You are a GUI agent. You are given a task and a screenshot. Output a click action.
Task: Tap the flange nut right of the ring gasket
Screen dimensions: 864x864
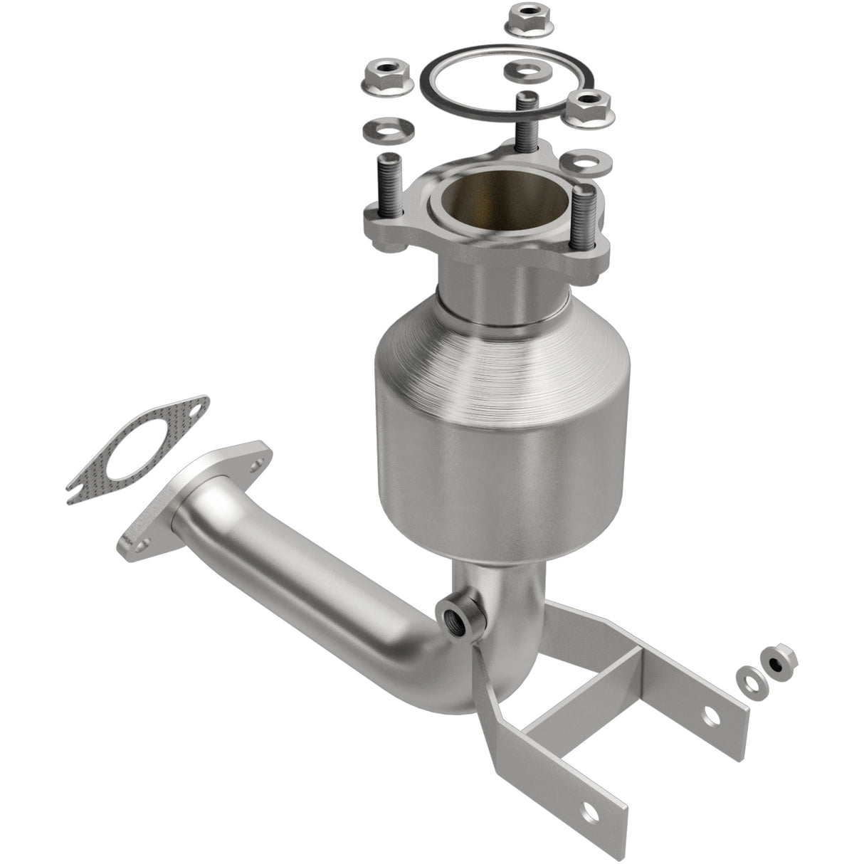(591, 107)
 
